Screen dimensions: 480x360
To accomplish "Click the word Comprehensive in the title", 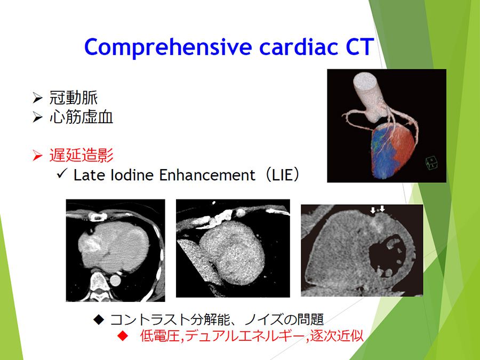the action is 168,47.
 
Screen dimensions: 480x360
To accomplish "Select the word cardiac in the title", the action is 299,46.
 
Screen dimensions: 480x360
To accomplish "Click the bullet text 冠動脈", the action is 74,98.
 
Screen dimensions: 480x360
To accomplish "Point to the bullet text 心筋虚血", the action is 82,117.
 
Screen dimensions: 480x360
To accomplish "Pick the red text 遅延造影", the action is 82,155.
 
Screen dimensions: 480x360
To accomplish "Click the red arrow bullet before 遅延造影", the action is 37,156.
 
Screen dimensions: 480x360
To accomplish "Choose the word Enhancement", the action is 207,175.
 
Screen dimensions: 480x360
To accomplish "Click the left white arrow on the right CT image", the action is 373,210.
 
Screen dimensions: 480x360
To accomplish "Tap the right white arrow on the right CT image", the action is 382,209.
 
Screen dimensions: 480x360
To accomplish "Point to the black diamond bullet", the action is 99,319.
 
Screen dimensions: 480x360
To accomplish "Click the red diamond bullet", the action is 123,336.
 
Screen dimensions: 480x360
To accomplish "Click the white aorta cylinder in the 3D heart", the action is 367,87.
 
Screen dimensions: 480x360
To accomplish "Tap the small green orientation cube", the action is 431,163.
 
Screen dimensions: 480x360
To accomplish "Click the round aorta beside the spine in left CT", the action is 115,281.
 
